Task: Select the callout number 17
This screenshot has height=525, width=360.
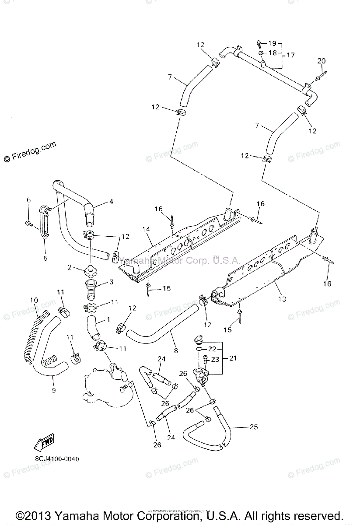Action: point(290,55)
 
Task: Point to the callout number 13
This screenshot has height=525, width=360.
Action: point(282,299)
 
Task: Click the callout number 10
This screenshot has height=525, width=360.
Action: point(34,300)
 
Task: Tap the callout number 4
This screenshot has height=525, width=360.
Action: point(111,202)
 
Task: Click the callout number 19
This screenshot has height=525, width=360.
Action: point(273,43)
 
